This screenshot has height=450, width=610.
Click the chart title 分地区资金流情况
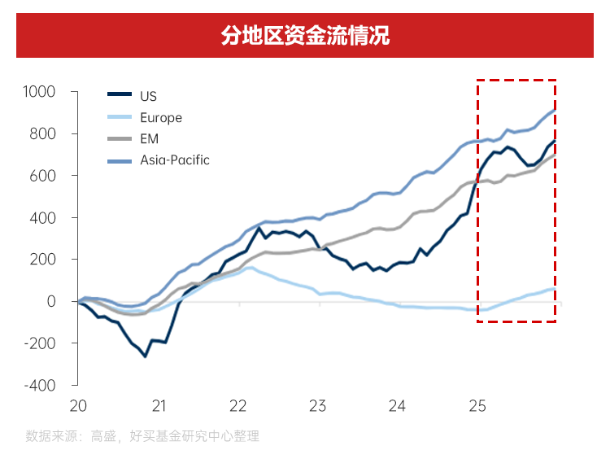(305, 36)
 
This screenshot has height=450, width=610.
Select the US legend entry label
(148, 96)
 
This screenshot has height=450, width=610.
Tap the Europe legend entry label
(161, 117)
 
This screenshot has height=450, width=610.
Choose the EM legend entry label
(150, 138)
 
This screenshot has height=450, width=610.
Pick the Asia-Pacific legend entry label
(175, 159)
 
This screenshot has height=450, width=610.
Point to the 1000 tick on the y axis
(39, 91)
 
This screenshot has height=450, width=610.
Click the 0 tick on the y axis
(50, 301)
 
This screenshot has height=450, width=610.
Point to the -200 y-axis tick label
(40, 343)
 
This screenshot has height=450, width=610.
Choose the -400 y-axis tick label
(40, 385)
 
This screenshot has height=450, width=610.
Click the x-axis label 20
(79, 404)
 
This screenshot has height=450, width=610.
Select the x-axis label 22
(238, 404)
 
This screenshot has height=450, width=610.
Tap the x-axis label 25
(477, 404)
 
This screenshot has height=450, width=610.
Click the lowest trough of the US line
(145, 356)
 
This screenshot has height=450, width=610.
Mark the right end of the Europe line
(555, 289)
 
